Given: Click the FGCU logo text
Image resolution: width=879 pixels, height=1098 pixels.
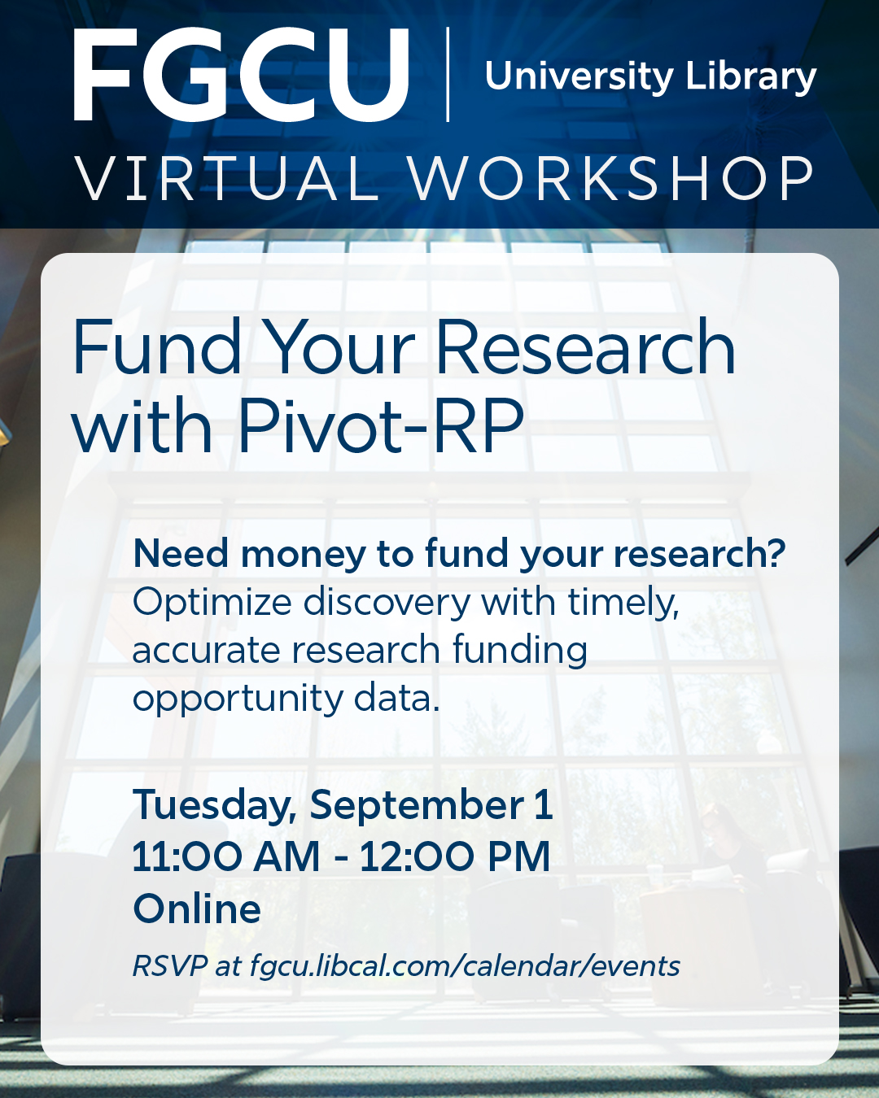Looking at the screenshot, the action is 241,75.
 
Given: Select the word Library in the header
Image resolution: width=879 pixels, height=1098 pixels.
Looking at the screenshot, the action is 750,77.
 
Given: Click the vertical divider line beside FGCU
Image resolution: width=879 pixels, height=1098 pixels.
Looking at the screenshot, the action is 448,75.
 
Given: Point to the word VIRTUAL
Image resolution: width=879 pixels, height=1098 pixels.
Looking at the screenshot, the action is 227,178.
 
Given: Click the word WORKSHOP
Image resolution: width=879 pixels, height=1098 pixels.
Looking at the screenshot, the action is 611,178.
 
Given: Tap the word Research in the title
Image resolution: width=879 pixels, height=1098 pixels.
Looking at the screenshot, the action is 586,347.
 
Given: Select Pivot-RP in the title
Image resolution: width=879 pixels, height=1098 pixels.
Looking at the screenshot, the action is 381,425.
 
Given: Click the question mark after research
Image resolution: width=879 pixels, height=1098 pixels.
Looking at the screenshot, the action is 776,554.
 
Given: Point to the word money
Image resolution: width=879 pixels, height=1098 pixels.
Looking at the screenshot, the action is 301,555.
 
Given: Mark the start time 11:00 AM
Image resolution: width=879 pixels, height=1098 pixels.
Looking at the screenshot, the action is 226,856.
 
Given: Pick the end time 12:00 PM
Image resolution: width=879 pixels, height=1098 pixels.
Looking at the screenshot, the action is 455,856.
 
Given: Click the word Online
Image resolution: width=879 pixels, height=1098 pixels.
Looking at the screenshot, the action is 197,908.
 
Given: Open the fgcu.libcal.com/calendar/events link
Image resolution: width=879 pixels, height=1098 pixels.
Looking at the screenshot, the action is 465,966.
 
